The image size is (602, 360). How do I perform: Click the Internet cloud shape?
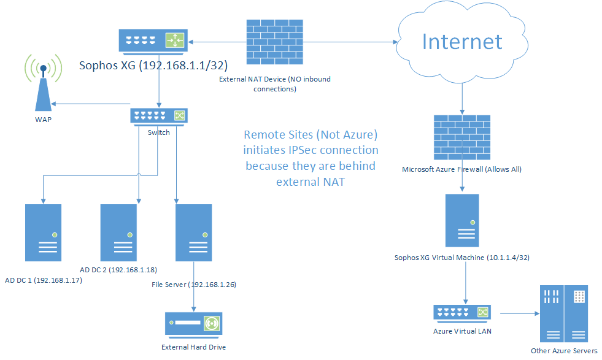point(461,42)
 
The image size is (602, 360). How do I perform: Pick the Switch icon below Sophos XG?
point(158,115)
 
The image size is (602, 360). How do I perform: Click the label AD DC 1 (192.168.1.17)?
point(44,280)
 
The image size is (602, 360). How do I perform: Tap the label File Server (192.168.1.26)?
point(194,285)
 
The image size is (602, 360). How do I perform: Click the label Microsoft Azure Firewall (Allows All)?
point(461,169)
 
